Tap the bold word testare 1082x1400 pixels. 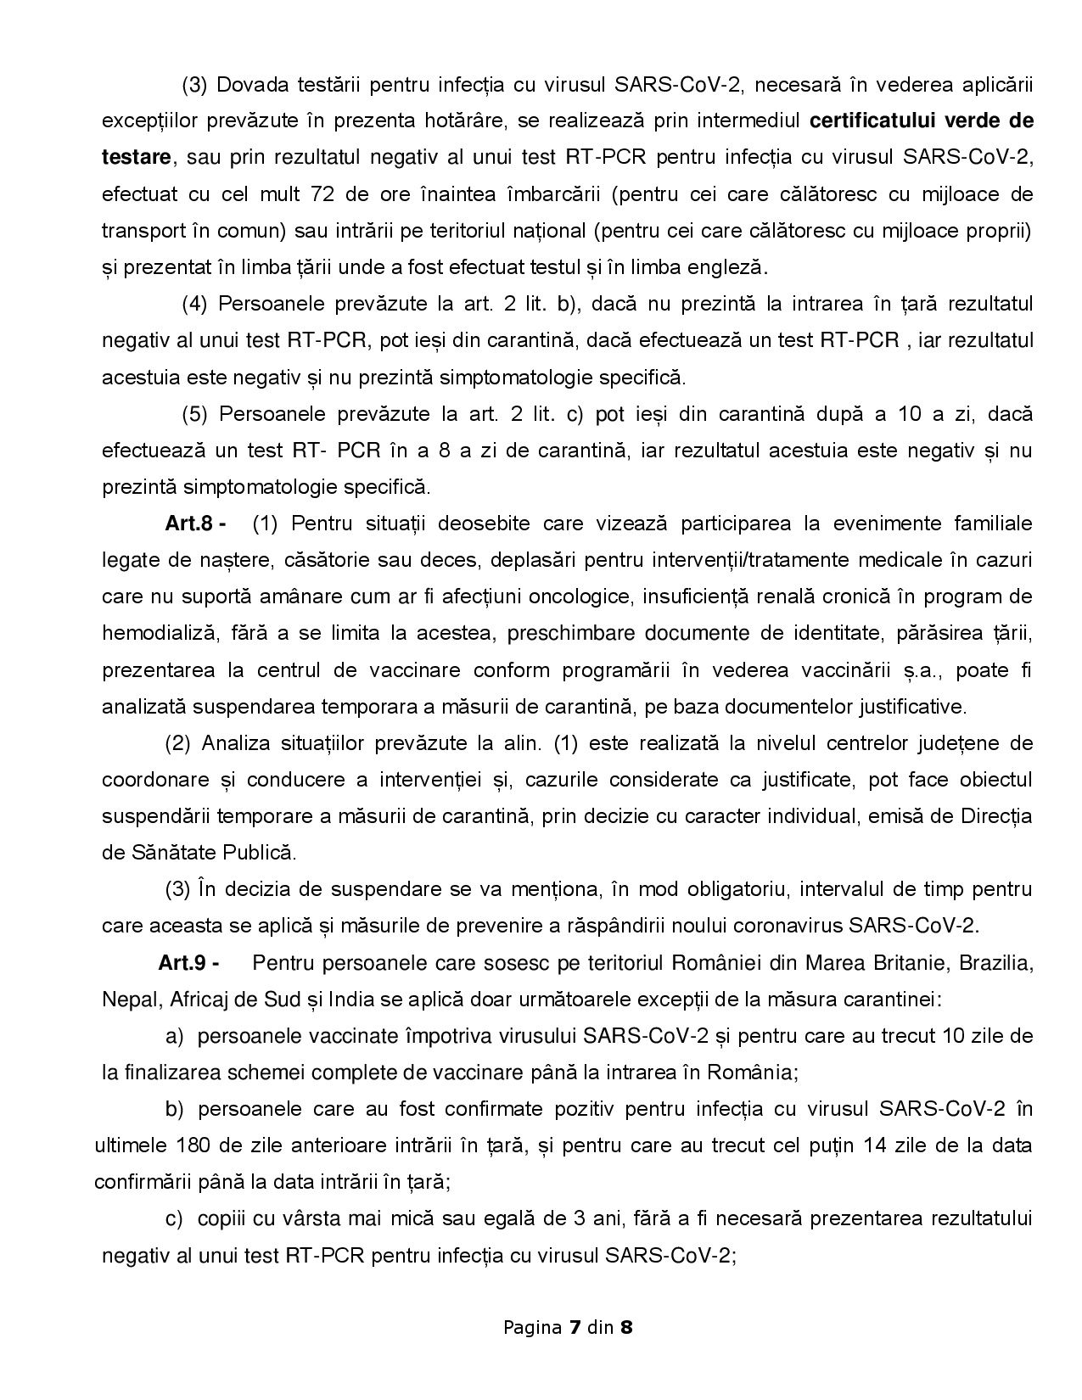tap(136, 157)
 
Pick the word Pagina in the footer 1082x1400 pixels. tap(532, 1328)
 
